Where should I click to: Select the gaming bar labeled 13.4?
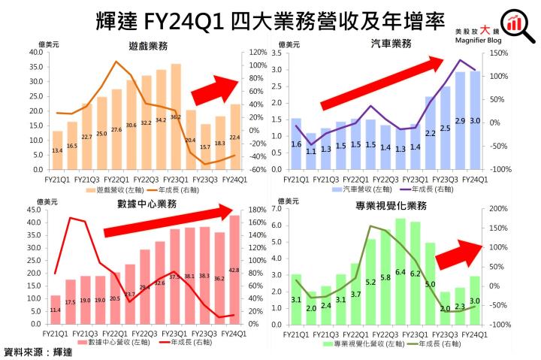click(57, 150)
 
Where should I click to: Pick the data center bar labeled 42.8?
click(234, 270)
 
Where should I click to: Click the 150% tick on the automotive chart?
click(494, 53)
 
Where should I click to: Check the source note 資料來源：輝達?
click(38, 351)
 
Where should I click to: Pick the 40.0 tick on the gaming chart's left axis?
click(35, 53)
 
